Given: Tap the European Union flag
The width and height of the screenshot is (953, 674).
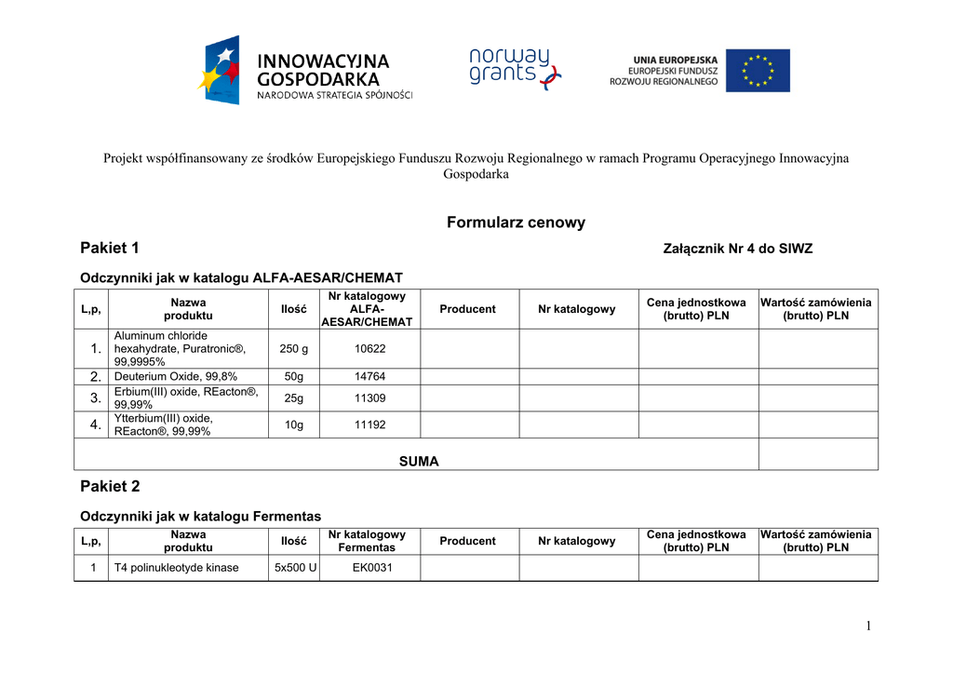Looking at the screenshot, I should [758, 71].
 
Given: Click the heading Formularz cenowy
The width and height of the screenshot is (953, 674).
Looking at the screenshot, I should [516, 222].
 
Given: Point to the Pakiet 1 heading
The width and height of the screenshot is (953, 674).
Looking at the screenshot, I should [110, 248].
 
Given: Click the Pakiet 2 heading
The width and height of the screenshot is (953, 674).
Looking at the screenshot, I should [110, 486].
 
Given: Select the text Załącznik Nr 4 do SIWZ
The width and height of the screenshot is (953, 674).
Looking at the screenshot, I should [737, 249].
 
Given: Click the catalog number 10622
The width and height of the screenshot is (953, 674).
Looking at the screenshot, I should [369, 349].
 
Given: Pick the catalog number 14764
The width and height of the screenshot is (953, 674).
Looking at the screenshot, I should [369, 377].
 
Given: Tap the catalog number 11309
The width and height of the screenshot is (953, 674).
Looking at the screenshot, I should [369, 398].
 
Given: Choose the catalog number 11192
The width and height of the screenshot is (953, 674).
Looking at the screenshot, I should [369, 425].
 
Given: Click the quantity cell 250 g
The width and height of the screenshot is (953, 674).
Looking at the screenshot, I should [293, 349].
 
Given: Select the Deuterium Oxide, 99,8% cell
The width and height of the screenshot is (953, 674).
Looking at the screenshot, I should [176, 377].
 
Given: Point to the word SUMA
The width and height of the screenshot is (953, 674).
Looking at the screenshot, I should [419, 462].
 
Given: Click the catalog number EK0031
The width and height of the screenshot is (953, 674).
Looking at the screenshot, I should [369, 568].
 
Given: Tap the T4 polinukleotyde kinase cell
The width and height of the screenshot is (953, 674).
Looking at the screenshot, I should [176, 568].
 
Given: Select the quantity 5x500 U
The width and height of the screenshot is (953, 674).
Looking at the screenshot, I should [294, 568].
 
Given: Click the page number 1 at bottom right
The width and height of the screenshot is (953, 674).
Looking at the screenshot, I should [868, 627].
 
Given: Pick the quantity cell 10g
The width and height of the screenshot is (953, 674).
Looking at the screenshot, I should [293, 425].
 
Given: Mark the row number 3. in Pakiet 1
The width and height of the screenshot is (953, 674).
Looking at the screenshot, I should [93, 398].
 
